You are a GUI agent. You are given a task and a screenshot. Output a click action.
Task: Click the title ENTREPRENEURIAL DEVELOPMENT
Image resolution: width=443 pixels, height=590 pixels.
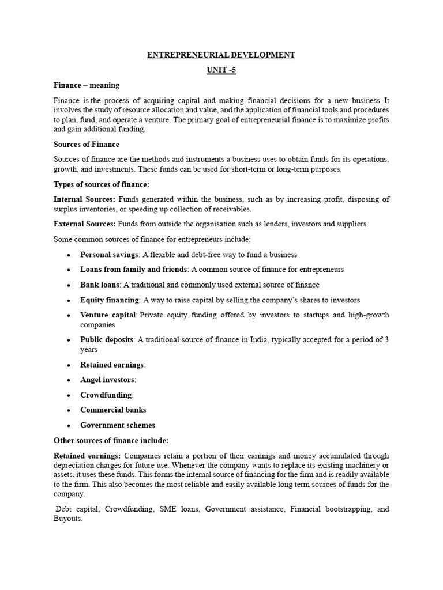click(x=221, y=55)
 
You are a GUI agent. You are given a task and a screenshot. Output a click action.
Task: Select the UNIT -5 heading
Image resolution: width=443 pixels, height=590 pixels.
click(x=221, y=70)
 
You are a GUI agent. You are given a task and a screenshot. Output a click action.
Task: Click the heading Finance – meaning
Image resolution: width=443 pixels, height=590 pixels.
click(x=87, y=85)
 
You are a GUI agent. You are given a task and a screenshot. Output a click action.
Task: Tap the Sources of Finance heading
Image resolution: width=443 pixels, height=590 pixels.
click(x=87, y=144)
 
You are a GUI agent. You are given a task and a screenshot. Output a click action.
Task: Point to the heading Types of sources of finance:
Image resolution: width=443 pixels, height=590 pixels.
click(x=102, y=184)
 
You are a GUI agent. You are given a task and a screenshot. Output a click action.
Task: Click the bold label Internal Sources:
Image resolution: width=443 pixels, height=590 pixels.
click(x=84, y=199)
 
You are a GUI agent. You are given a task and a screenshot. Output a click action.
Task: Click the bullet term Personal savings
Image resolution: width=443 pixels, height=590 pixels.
click(x=109, y=254)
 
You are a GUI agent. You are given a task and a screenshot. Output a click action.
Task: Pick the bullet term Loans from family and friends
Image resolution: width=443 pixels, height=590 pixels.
click(x=134, y=269)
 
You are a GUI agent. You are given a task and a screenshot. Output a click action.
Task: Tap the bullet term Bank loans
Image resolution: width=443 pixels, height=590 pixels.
click(x=100, y=285)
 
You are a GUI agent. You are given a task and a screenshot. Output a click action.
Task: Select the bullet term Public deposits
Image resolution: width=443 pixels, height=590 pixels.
click(x=107, y=340)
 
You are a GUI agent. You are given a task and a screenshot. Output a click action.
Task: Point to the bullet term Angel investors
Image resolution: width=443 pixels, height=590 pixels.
click(x=107, y=380)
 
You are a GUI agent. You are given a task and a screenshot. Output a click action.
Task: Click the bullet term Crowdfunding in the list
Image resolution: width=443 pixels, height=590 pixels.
click(x=106, y=395)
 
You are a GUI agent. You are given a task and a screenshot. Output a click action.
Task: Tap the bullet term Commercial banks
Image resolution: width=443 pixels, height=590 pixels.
click(x=113, y=410)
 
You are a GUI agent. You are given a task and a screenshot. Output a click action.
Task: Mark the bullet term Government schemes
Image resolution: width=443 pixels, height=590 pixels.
click(x=118, y=425)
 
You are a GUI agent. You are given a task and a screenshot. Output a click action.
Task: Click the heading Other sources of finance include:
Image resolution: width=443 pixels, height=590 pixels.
click(x=111, y=440)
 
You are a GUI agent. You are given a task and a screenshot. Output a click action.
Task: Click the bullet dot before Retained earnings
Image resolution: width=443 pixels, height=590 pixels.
click(x=69, y=365)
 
